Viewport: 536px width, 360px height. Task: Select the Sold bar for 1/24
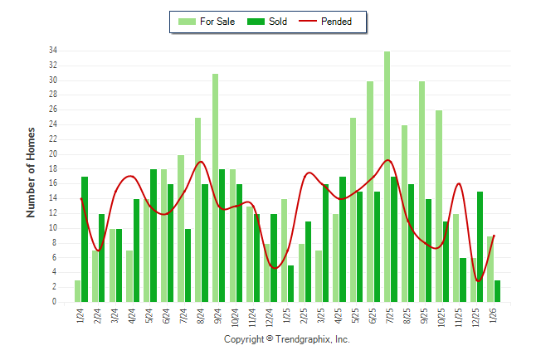pyautogui.click(x=85, y=240)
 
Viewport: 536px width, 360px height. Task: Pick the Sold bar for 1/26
pyautogui.click(x=497, y=291)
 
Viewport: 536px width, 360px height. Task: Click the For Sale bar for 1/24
pyautogui.click(x=77, y=291)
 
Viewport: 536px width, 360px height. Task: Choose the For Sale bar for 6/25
pyautogui.click(x=369, y=192)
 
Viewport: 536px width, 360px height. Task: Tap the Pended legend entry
pyautogui.click(x=337, y=22)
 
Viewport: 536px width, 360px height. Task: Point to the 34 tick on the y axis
pyautogui.click(x=52, y=51)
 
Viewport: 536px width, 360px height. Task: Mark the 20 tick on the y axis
pyautogui.click(x=52, y=154)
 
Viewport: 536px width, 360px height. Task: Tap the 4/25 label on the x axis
pyautogui.click(x=338, y=316)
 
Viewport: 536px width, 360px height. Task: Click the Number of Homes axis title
pyautogui.click(x=31, y=173)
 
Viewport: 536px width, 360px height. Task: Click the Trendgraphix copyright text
pyautogui.click(x=287, y=339)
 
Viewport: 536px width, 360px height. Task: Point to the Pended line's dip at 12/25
pyautogui.click(x=478, y=280)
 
